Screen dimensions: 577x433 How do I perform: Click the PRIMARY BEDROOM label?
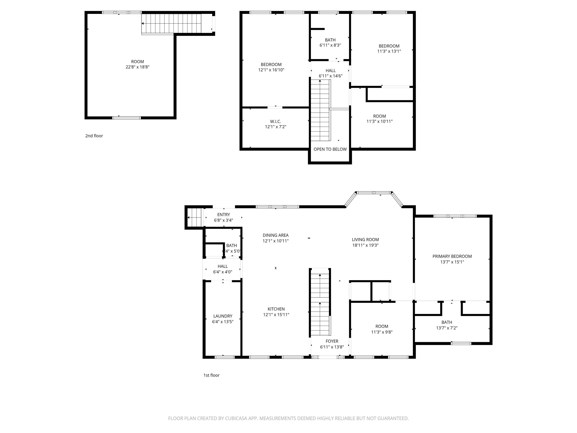(x=452, y=256)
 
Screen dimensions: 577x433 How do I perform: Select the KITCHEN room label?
(x=276, y=309)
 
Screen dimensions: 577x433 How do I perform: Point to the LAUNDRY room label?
(x=223, y=316)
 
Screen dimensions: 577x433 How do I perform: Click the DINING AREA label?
(x=276, y=235)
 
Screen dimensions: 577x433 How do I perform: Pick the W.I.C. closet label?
(x=276, y=122)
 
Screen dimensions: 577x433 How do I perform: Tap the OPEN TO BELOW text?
(x=330, y=149)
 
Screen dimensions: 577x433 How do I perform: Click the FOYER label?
(x=332, y=341)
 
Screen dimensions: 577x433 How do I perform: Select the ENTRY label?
(x=224, y=215)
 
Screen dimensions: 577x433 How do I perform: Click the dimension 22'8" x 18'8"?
(x=137, y=67)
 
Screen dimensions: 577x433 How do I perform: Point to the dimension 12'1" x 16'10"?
(x=271, y=70)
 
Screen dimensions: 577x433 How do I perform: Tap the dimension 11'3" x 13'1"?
(x=389, y=51)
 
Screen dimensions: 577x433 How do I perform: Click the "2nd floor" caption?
(x=94, y=136)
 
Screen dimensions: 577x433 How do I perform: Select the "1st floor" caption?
(x=211, y=375)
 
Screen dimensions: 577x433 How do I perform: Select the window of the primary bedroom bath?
(x=461, y=344)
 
